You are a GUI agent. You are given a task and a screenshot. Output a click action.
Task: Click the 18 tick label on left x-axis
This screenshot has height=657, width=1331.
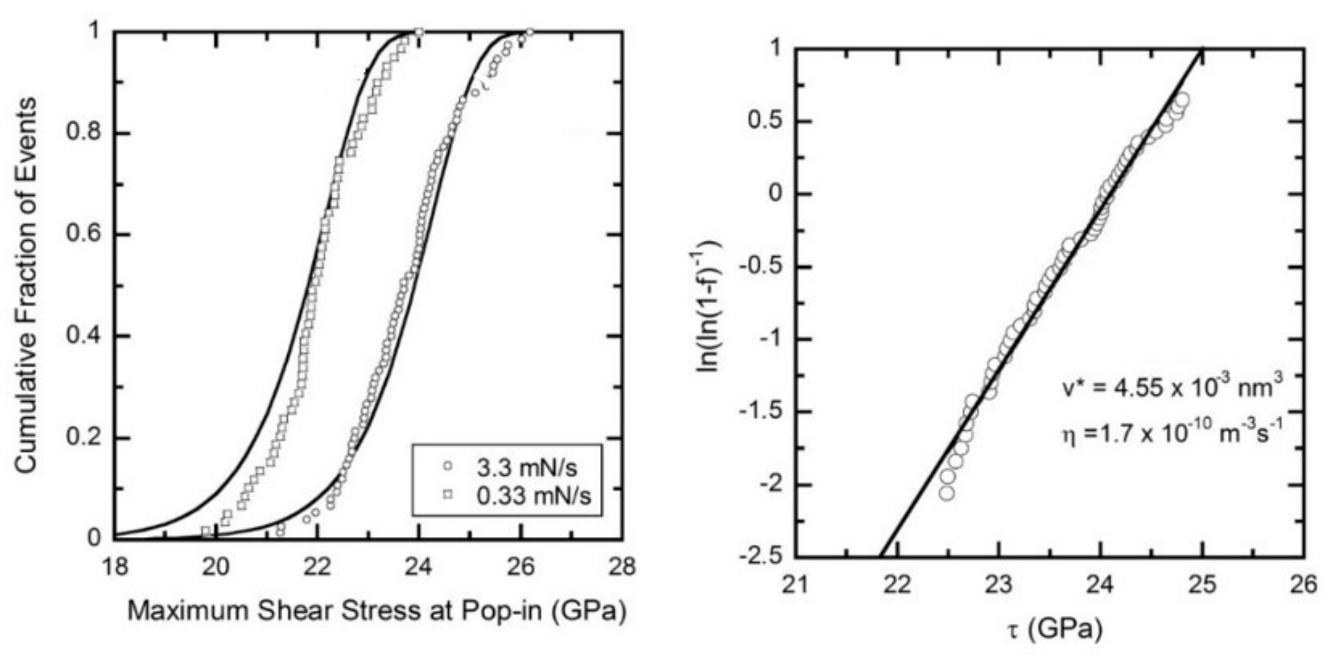(x=114, y=567)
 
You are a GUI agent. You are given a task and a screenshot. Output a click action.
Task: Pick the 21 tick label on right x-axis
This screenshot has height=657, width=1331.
(x=795, y=585)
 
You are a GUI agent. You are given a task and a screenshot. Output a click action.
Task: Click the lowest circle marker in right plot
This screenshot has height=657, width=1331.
(x=947, y=493)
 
